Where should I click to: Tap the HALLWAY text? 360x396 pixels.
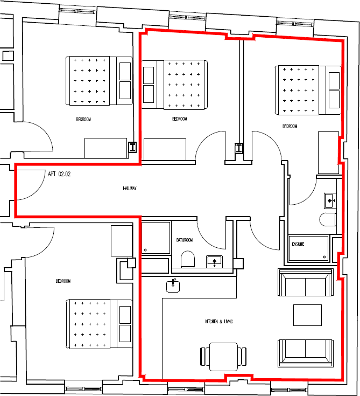129,189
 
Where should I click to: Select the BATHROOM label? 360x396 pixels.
185,240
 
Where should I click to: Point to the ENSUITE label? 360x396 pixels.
298,244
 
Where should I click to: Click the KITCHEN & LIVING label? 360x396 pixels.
218,322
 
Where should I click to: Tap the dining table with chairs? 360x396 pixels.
224,356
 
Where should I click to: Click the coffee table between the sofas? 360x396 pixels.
307,315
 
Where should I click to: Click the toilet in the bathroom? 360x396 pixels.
188,260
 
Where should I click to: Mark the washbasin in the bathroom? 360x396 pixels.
215,261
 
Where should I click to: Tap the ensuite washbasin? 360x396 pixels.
330,200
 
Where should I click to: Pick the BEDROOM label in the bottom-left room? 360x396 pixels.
63,281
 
